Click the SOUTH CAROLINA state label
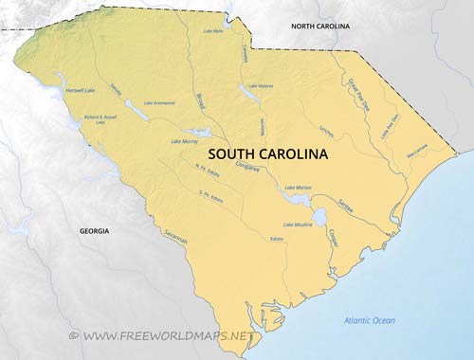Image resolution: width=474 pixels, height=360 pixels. tap(267, 153)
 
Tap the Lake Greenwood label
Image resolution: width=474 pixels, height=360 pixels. tap(160, 102)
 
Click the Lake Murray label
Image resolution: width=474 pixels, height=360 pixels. tap(185, 142)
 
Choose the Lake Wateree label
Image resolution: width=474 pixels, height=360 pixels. tap(261, 86)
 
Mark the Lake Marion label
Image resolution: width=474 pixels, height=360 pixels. tap(299, 188)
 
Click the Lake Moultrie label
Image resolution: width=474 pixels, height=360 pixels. tap(297, 225)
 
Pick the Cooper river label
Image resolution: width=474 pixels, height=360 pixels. tap(334, 236)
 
